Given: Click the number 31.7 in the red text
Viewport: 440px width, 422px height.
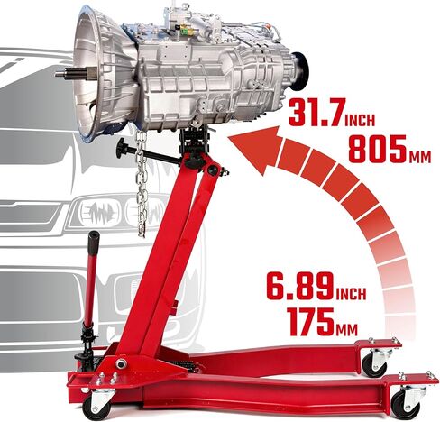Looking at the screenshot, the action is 316,113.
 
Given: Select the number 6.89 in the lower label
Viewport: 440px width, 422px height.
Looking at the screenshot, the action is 300,286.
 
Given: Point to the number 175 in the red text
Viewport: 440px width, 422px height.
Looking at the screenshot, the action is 310,322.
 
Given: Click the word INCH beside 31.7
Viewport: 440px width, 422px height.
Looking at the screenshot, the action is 360,120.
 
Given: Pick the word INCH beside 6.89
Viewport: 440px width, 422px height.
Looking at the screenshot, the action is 351,294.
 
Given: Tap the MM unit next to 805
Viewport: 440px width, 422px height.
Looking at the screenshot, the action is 420,156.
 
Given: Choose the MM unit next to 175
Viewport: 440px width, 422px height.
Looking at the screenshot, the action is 347,329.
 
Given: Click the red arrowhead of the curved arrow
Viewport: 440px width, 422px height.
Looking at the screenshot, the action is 255,148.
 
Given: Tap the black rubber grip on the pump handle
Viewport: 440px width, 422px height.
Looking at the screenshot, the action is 94,243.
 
